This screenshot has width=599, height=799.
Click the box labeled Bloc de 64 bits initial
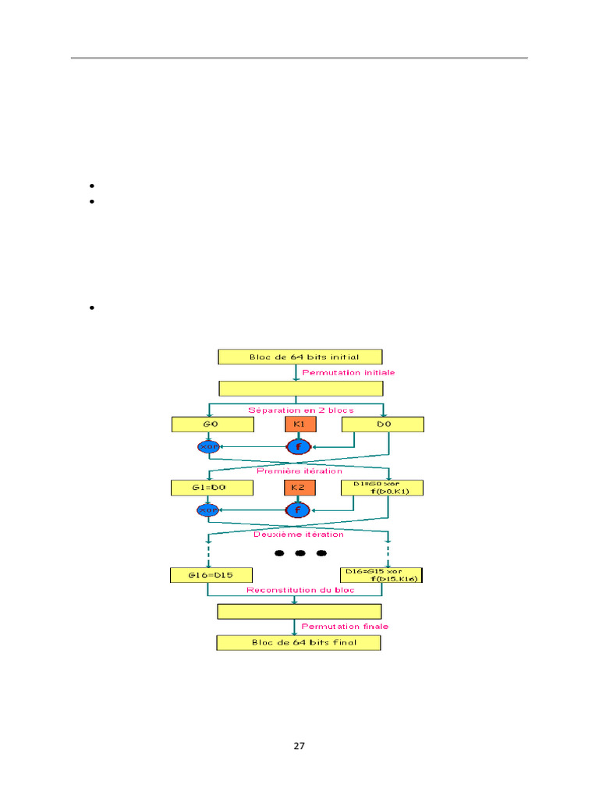pyautogui.click(x=299, y=357)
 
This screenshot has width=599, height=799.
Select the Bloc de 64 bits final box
pyautogui.click(x=299, y=643)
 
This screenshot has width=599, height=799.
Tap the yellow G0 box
pyautogui.click(x=213, y=424)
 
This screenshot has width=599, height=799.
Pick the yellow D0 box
pyautogui.click(x=382, y=424)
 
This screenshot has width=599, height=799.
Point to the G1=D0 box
pyautogui.click(x=213, y=488)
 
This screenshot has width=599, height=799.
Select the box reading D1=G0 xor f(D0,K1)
pyautogui.click(x=382, y=488)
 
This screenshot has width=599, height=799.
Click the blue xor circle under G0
pyautogui.click(x=207, y=447)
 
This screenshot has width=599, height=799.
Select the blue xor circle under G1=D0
pyautogui.click(x=207, y=510)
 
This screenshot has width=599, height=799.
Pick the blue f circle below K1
pyautogui.click(x=298, y=447)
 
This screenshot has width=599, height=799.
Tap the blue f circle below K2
pyautogui.click(x=298, y=510)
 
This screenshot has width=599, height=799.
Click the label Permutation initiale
pyautogui.click(x=348, y=372)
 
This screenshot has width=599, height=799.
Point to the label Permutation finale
pyautogui.click(x=345, y=626)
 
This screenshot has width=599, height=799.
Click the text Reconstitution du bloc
pyautogui.click(x=300, y=590)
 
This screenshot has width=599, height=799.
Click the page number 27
pyautogui.click(x=299, y=746)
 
